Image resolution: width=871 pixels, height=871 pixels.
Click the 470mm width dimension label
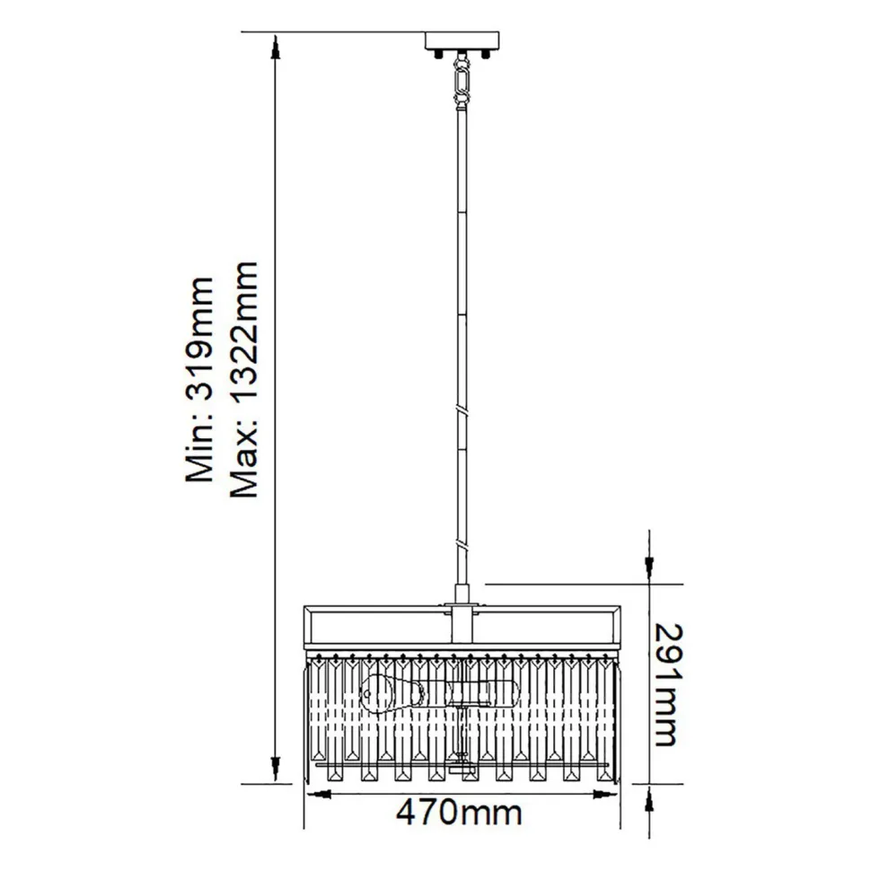(459, 814)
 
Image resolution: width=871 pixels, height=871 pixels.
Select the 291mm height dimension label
(665, 684)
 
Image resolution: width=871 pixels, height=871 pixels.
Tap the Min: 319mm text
(199, 380)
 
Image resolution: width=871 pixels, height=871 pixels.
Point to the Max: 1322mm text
(244, 380)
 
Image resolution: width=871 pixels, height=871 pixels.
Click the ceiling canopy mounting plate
(462, 40)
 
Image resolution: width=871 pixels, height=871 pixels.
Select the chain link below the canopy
(462, 78)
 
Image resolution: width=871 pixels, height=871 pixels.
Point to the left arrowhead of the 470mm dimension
(318, 794)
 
